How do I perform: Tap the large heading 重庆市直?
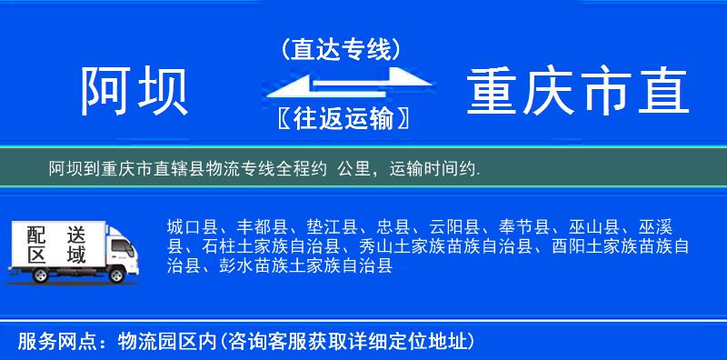click(x=579, y=92)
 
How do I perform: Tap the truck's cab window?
click(x=115, y=245)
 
